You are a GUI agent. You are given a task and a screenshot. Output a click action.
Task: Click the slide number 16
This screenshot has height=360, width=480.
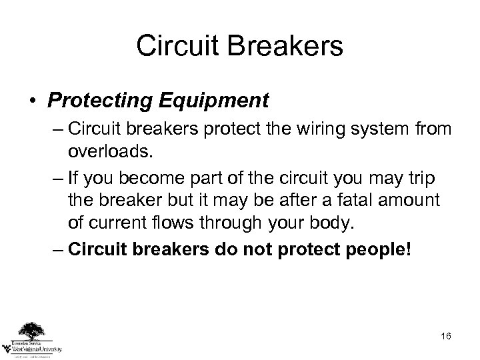pos(445,335)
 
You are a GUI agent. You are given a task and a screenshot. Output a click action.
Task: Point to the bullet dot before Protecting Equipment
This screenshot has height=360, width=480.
pos(33,101)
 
